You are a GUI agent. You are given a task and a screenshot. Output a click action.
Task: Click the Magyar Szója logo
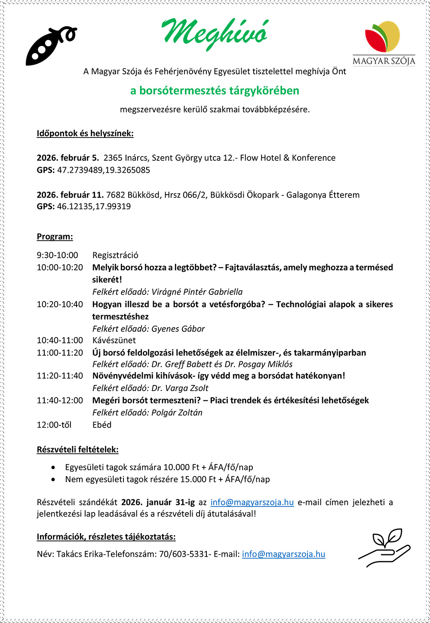click(x=384, y=43)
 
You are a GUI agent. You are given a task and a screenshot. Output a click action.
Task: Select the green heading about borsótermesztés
click(x=215, y=91)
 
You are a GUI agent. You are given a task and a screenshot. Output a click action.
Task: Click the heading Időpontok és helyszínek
click(x=85, y=133)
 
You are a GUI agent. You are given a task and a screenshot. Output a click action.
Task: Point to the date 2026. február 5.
click(x=68, y=158)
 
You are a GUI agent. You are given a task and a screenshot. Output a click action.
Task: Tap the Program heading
click(x=55, y=236)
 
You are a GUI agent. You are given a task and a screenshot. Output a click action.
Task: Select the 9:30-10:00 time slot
click(x=57, y=255)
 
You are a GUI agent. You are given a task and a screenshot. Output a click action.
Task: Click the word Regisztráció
click(x=115, y=255)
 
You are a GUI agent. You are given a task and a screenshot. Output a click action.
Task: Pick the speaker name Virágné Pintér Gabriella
click(x=197, y=292)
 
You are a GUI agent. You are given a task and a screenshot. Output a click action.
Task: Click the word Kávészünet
click(x=114, y=340)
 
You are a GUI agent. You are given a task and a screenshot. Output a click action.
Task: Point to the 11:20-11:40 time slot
click(x=60, y=376)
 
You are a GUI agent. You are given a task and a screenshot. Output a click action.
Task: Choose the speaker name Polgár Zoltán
click(x=177, y=412)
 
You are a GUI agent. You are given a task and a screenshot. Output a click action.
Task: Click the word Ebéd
click(x=102, y=424)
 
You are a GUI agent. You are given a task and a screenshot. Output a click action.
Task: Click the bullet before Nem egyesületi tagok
click(x=53, y=479)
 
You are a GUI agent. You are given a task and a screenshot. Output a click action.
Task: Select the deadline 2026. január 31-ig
click(x=158, y=502)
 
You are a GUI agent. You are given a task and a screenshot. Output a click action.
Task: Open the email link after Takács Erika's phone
click(x=283, y=554)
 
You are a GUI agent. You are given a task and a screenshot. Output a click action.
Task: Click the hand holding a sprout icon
click(x=384, y=547)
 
